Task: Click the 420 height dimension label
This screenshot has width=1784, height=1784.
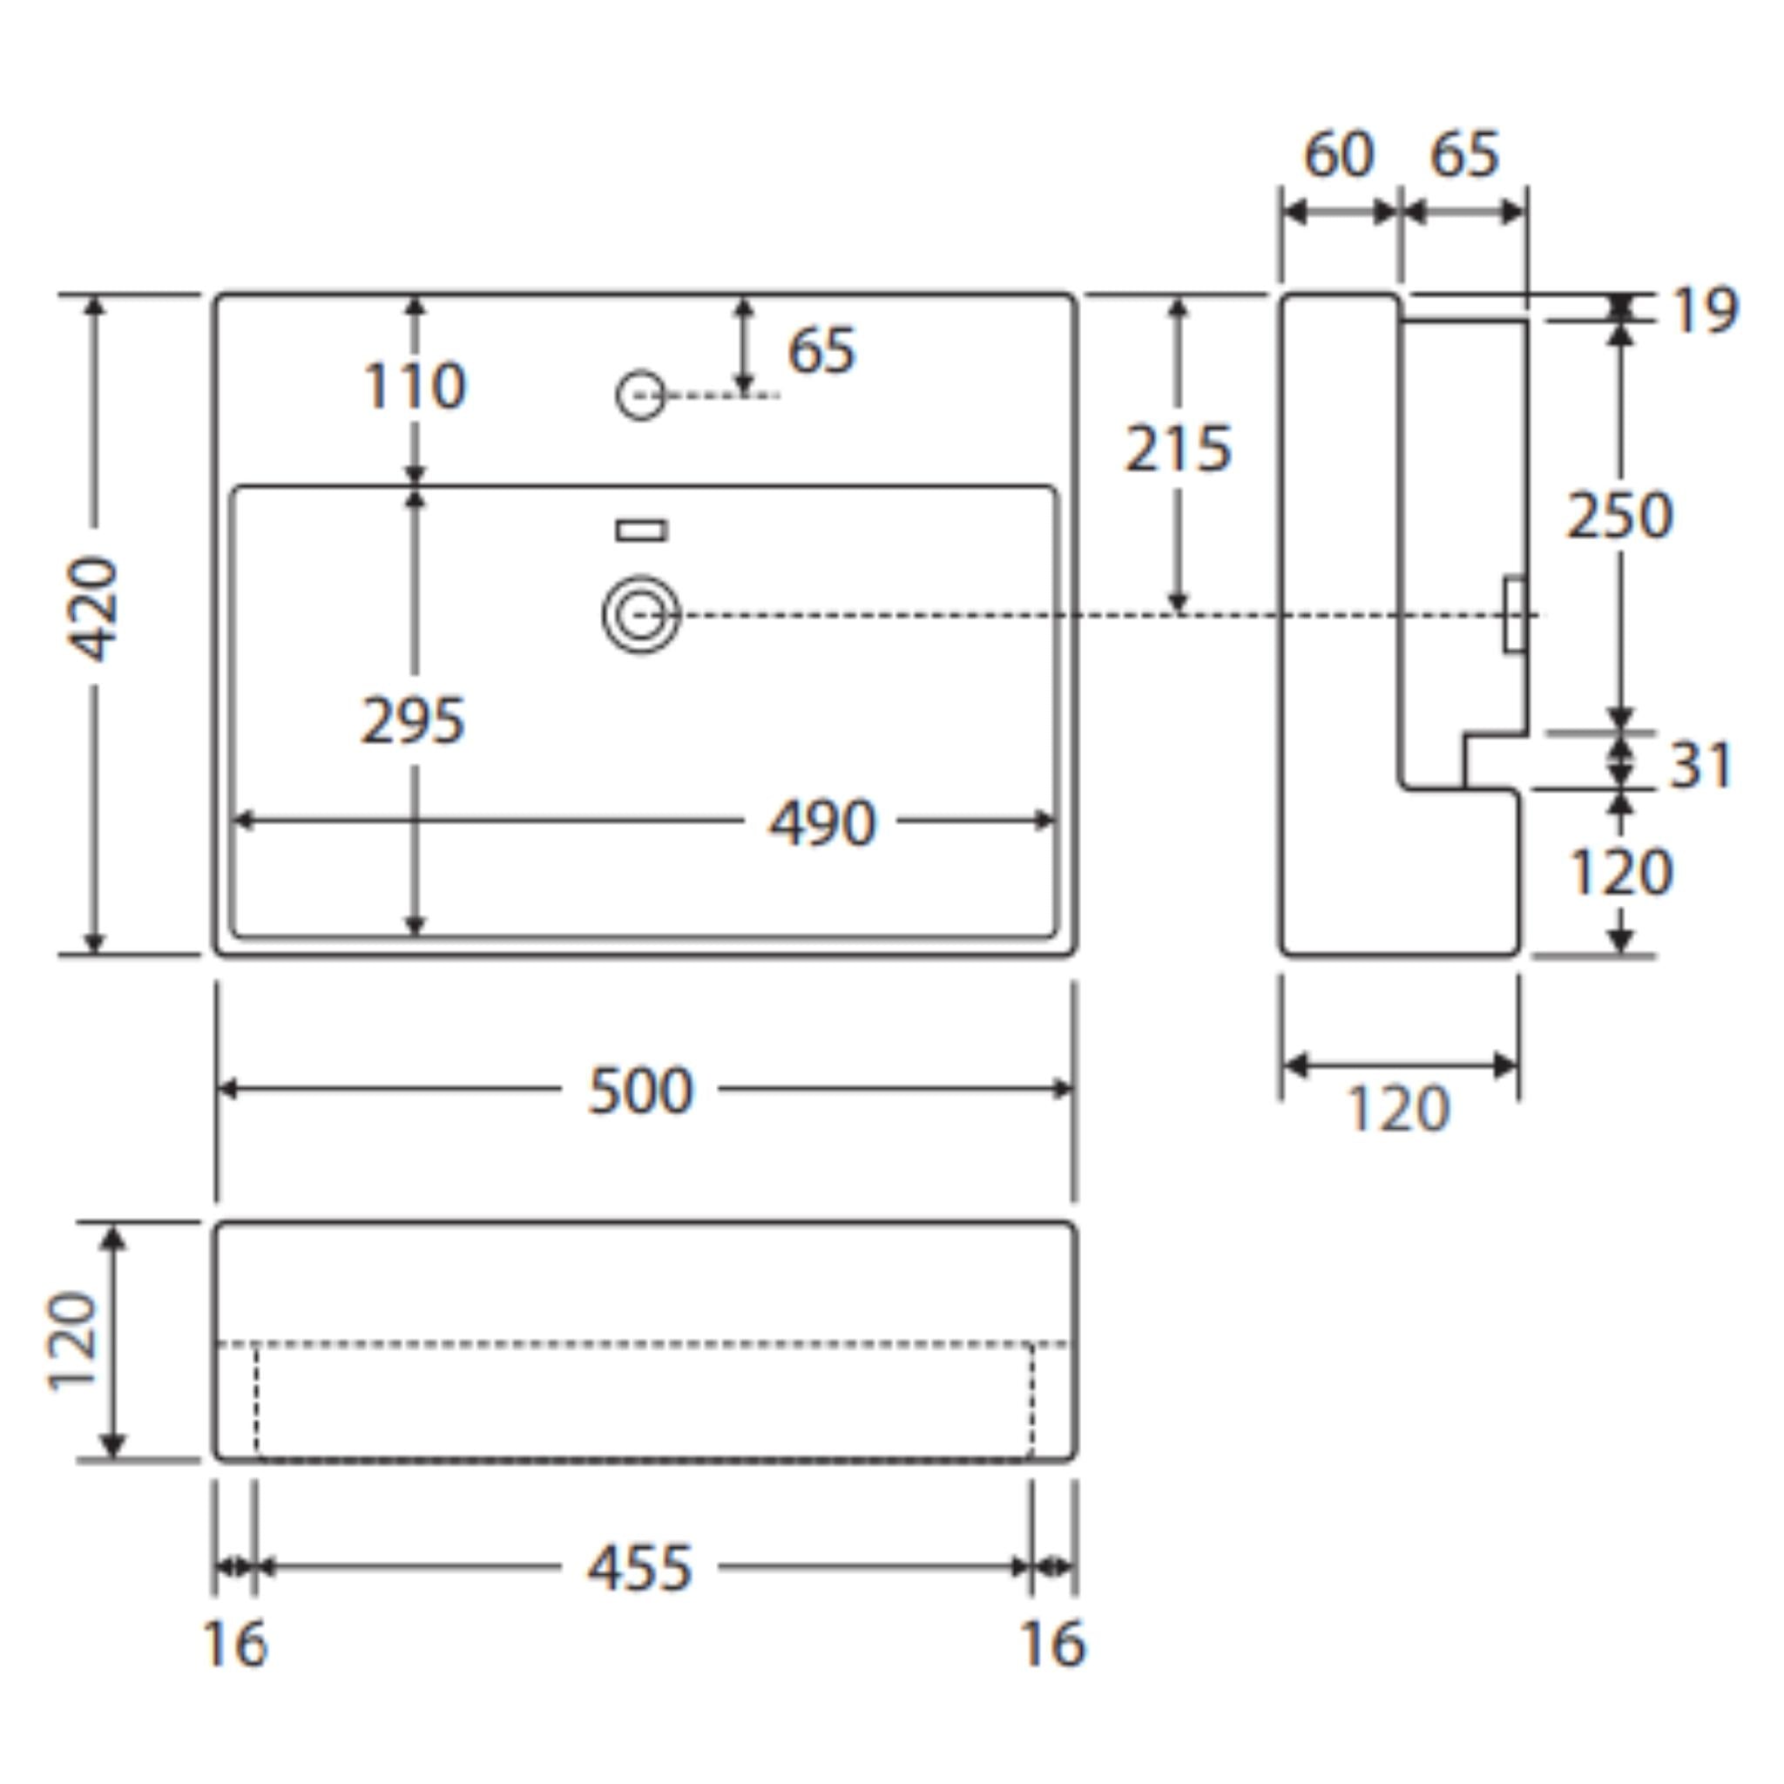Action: [x=94, y=609]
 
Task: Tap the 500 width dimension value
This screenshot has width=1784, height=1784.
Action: [x=640, y=1091]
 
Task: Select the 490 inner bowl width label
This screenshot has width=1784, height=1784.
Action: [x=821, y=822]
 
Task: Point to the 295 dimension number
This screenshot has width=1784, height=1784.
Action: [x=413, y=720]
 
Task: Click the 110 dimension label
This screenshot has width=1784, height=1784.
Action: [x=415, y=385]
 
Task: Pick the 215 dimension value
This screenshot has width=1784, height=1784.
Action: [x=1178, y=449]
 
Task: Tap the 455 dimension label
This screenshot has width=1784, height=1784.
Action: [x=640, y=1568]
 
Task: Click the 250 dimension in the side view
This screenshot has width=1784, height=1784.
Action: [x=1619, y=516]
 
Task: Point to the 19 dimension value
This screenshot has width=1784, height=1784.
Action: [x=1705, y=310]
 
